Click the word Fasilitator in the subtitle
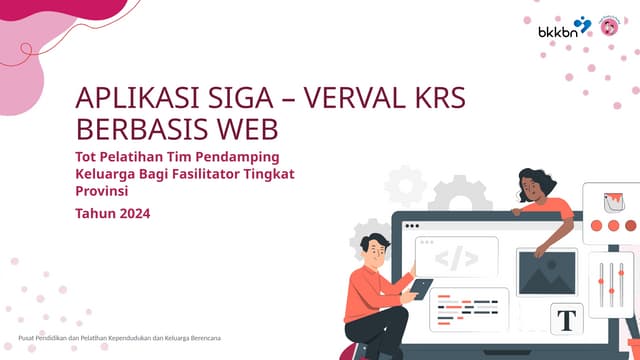pos(223,174)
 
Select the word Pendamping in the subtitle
pos(240,157)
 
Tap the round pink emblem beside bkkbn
pos(608,25)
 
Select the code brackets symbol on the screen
pos(456,258)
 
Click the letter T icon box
pos(567,320)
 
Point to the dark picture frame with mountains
pos(546,272)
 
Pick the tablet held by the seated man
pos(421,289)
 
